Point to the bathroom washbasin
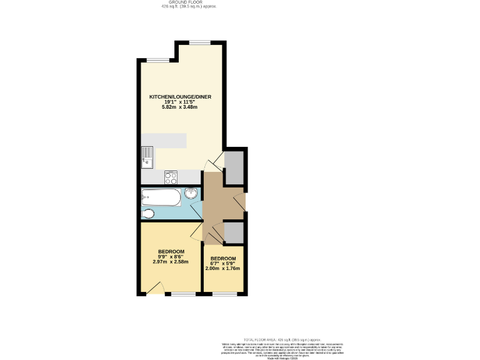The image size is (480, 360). tap(191, 194)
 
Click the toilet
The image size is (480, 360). tap(148, 214)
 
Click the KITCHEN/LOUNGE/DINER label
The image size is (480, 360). tap(180, 97)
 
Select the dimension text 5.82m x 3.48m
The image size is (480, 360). tap(179, 107)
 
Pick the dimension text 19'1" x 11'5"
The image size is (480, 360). tap(179, 102)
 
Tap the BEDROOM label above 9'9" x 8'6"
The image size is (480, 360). tap(171, 251)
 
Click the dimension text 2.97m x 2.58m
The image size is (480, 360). tap(171, 262)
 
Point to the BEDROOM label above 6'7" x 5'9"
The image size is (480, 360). tap(223, 259)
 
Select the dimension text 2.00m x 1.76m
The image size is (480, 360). tap(223, 269)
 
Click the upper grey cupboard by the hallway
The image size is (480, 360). tap(234, 167)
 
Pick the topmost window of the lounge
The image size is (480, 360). tap(200, 42)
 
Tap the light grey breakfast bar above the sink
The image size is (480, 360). tap(164, 141)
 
